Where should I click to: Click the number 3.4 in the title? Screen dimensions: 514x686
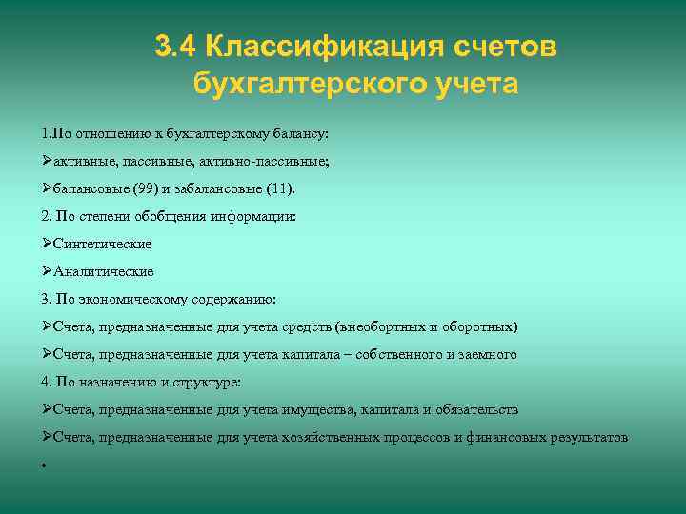175,46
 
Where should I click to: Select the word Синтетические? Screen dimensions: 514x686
103,244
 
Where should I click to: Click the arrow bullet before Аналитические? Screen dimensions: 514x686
47,271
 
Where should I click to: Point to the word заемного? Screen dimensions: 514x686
489,354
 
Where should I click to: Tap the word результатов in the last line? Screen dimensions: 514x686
591,437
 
